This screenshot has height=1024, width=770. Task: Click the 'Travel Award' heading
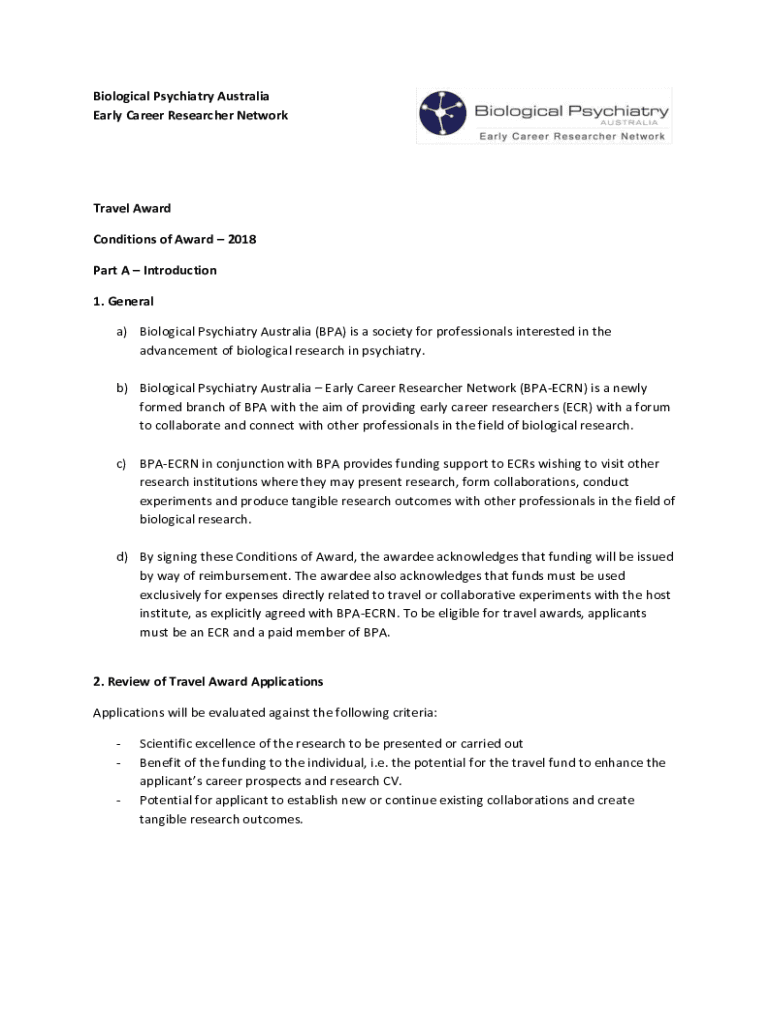[132, 208]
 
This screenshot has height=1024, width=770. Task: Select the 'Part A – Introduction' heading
[155, 270]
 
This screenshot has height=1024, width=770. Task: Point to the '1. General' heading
[123, 300]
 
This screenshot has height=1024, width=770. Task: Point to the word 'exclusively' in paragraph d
[172, 595]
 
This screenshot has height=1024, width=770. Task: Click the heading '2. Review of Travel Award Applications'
[208, 681]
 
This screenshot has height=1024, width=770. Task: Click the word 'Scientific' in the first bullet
[167, 743]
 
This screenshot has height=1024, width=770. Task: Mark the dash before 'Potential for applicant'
[119, 800]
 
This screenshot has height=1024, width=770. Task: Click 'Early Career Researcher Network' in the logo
[572, 136]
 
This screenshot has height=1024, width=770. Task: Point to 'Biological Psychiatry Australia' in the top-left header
[181, 96]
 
